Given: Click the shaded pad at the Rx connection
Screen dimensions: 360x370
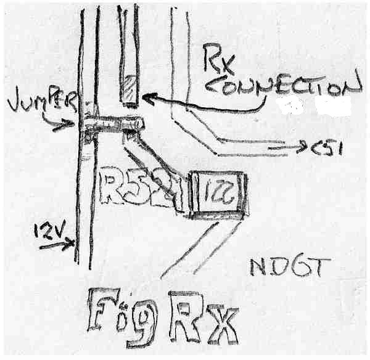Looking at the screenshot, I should coord(129,91).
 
